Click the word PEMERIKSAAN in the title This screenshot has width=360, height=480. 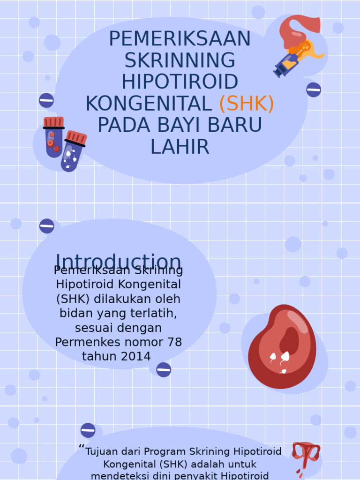(x=180, y=39)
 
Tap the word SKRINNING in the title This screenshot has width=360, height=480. (x=180, y=60)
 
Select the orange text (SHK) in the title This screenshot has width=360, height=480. (x=247, y=104)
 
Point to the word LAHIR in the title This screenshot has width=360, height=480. (x=180, y=147)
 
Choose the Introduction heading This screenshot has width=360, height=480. (x=118, y=261)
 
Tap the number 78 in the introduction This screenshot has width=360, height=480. (x=174, y=342)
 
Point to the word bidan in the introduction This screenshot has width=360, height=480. (x=75, y=313)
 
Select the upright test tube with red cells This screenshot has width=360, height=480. (x=54, y=136)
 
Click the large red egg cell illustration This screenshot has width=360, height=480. (x=282, y=346)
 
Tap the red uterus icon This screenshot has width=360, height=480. (x=306, y=455)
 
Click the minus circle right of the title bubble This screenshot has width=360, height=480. (x=314, y=90)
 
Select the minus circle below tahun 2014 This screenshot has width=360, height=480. (x=164, y=370)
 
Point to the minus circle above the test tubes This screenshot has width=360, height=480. (x=46, y=100)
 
